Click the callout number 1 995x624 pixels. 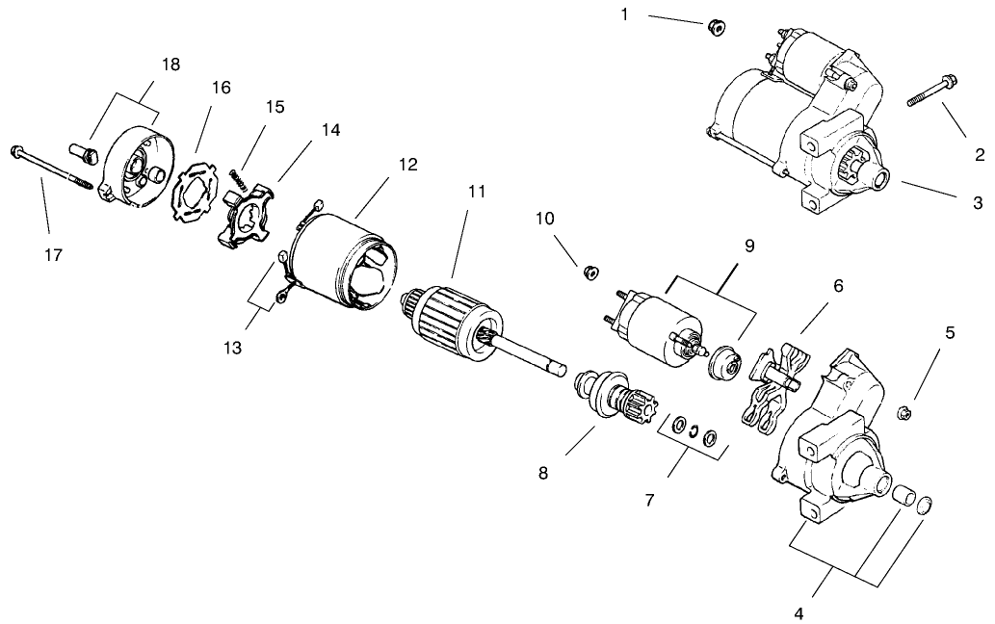tap(624, 15)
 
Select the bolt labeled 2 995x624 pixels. tap(930, 96)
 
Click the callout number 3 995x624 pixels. tap(977, 203)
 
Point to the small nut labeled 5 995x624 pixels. tap(903, 413)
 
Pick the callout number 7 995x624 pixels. tap(649, 500)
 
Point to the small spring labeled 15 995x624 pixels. tap(240, 177)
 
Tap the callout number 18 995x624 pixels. tap(170, 65)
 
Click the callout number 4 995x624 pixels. tap(799, 611)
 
